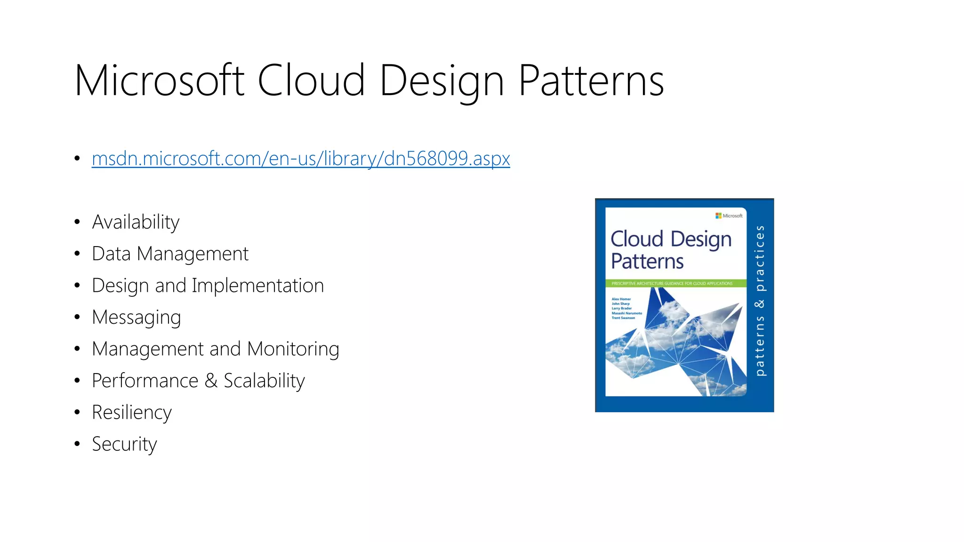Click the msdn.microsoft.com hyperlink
tap(300, 159)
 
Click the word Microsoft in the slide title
tap(159, 81)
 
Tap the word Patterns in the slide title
tap(591, 81)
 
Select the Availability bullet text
tap(136, 222)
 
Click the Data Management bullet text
tap(170, 254)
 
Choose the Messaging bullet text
tap(136, 318)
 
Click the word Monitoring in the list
tap(293, 349)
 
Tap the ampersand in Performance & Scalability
tap(211, 381)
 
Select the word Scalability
tap(264, 381)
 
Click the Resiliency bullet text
tap(132, 413)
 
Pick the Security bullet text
tap(124, 444)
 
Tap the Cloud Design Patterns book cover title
tap(670, 250)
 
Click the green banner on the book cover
tap(675, 283)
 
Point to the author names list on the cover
tap(626, 308)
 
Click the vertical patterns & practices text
tap(760, 301)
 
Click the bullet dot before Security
tap(77, 444)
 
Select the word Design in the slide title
tap(441, 81)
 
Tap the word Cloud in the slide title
tap(311, 81)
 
